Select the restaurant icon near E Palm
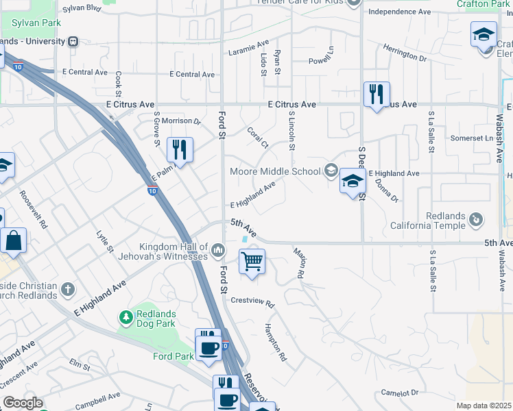[180, 149]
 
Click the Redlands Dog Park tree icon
[126, 317]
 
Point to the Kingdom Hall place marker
[218, 249]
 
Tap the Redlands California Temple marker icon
[477, 221]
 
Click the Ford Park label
[174, 356]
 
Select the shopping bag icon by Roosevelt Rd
[14, 240]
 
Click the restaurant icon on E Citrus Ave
[377, 94]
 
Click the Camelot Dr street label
[400, 393]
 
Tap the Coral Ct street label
[258, 136]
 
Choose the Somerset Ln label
[472, 138]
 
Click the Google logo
[22, 403]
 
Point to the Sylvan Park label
[36, 23]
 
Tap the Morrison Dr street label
[181, 121]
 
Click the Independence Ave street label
[399, 12]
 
